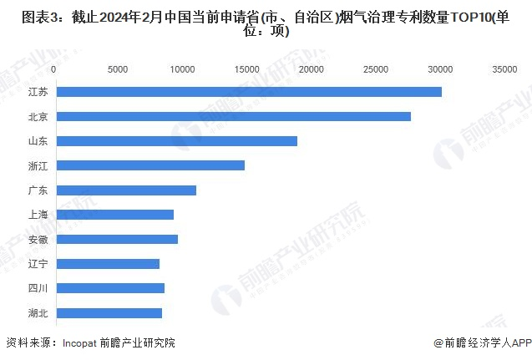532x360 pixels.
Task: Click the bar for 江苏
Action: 247,92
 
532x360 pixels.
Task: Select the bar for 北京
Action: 232,116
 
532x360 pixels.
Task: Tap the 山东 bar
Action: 175,141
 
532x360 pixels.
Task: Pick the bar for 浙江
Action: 149,165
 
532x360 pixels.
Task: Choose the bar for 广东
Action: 125,190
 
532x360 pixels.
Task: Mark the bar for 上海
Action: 114,215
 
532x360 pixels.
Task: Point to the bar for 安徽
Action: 116,240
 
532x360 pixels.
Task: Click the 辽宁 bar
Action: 107,264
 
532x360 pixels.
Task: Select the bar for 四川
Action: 109,288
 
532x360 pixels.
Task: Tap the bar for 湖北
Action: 108,313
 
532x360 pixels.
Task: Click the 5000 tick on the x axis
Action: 118,69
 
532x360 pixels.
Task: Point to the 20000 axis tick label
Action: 311,69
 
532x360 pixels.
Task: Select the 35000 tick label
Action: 504,69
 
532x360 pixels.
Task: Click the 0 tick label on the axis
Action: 53,69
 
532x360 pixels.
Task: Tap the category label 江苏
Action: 37,92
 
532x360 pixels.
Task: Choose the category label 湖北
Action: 37,313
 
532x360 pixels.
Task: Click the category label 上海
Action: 37,215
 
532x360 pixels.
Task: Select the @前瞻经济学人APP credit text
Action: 482,342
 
